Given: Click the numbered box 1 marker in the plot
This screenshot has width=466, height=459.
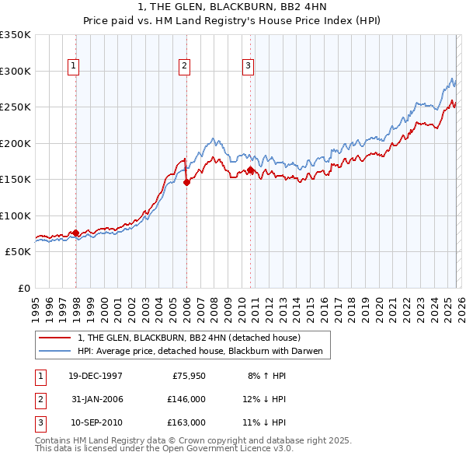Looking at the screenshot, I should (x=73, y=67).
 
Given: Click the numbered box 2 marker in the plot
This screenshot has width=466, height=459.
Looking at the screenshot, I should (x=185, y=67).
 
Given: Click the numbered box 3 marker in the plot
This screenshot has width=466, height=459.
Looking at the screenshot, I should (x=248, y=67).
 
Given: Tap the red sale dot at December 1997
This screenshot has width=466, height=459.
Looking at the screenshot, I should (x=76, y=233).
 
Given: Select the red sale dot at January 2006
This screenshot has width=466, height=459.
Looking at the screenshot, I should (x=187, y=183).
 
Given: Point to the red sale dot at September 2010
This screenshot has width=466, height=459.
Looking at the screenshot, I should (x=250, y=170).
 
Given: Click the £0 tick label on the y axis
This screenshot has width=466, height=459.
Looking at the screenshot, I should (x=23, y=288).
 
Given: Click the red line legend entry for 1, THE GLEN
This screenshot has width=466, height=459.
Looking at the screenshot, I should (x=194, y=338).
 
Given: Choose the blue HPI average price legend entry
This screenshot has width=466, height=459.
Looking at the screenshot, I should (x=204, y=352).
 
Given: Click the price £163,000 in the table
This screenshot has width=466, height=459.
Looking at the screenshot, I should (x=186, y=422).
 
